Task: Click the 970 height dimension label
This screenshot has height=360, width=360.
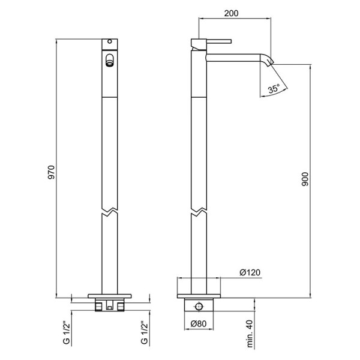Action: point(52,172)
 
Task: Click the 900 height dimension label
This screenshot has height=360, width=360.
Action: point(305,179)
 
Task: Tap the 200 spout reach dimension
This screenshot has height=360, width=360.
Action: point(231,13)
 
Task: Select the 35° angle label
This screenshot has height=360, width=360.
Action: point(274,88)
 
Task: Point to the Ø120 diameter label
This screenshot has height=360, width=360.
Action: point(250,272)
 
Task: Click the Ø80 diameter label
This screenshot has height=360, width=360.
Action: point(199,324)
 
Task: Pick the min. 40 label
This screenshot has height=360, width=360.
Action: point(250,334)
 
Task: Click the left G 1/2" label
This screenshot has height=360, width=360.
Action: point(66,334)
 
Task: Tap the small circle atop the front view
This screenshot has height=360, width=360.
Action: point(110,41)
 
